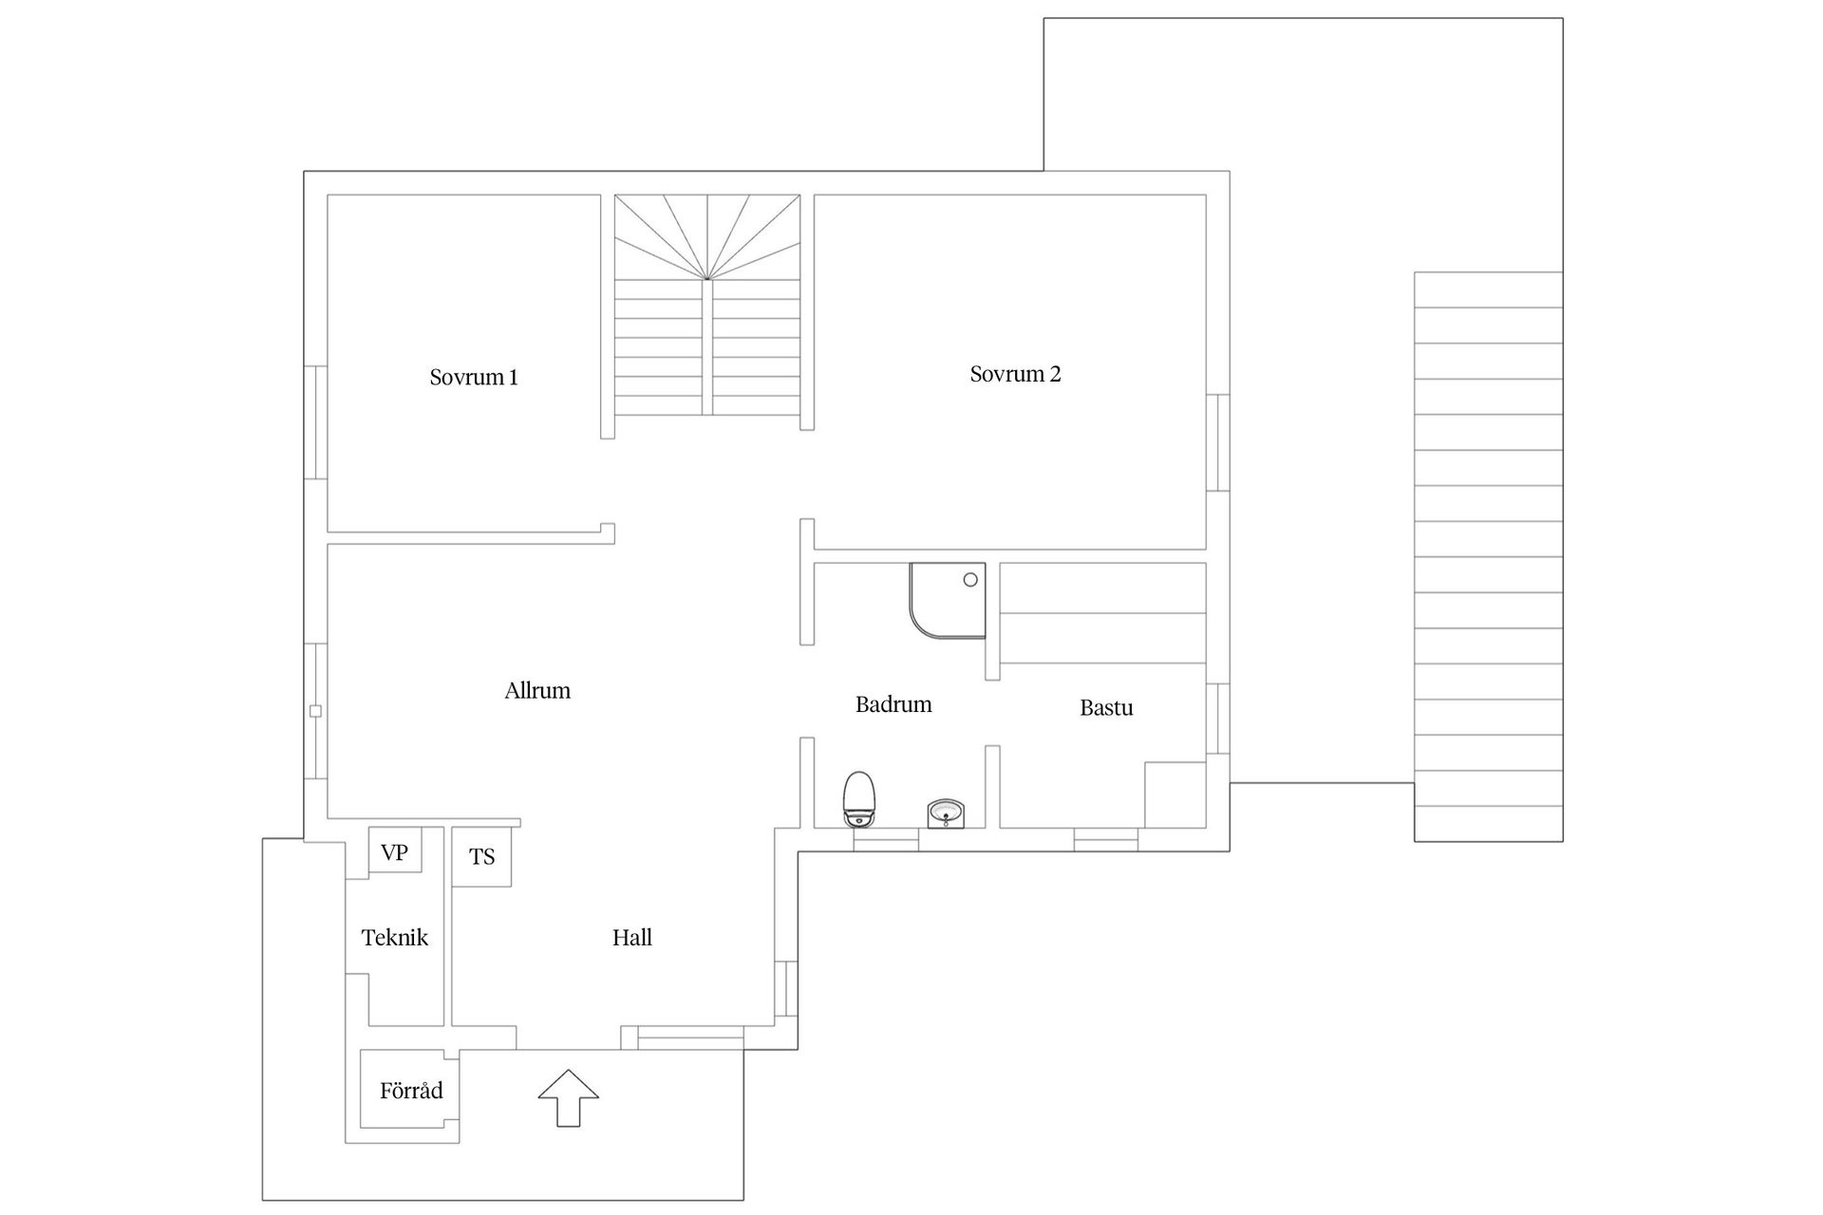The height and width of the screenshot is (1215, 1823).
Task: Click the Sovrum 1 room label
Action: click(473, 377)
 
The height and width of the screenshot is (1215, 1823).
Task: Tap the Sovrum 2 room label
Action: click(1015, 374)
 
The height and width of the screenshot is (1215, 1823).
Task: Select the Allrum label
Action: click(537, 690)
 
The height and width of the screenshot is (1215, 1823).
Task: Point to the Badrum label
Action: click(893, 704)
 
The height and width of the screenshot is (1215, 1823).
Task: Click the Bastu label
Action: click(1106, 707)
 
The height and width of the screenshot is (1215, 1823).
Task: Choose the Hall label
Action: click(631, 938)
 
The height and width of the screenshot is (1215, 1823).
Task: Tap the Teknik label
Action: click(395, 938)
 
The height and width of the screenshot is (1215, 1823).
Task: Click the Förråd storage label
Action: click(411, 1091)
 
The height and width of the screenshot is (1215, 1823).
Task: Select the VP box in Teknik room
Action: click(394, 852)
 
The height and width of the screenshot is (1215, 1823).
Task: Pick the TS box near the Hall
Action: click(481, 857)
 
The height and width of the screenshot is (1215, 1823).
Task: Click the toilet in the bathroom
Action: click(858, 798)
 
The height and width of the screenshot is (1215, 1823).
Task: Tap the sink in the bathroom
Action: click(946, 813)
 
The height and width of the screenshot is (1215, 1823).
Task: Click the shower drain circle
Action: click(970, 579)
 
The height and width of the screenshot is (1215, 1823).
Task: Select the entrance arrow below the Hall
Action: click(568, 1097)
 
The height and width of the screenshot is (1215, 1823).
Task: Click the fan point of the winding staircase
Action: click(707, 278)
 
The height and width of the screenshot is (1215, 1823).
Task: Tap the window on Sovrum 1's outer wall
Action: click(316, 422)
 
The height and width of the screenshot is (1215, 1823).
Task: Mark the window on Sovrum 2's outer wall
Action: click(1218, 442)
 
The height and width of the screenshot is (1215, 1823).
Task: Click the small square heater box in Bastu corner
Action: click(1175, 794)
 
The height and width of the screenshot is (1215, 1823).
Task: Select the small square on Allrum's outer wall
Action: click(316, 711)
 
